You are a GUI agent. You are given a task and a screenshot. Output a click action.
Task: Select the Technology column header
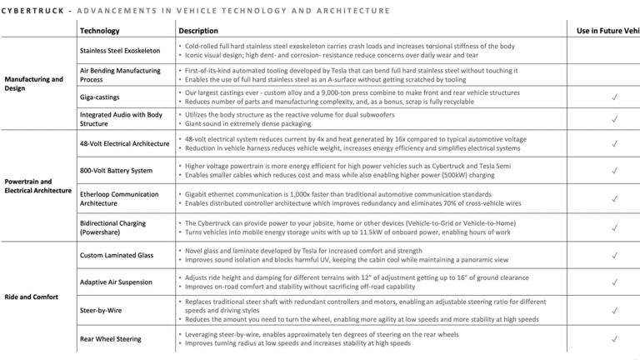click(x=99, y=31)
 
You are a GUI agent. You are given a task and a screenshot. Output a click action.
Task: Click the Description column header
click(x=197, y=31)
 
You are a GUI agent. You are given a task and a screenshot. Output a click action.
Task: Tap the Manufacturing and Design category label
click(x=33, y=84)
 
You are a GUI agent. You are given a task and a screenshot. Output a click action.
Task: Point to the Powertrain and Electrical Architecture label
click(x=37, y=186)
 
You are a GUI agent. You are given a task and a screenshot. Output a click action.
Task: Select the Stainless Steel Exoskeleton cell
click(x=120, y=50)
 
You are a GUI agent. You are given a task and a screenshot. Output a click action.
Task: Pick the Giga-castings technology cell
click(x=99, y=97)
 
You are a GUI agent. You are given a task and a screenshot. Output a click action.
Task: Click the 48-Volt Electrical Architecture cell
click(x=124, y=143)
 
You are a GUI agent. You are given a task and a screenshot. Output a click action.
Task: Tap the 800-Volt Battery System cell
click(x=116, y=171)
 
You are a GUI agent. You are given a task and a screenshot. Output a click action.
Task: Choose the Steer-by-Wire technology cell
click(x=102, y=310)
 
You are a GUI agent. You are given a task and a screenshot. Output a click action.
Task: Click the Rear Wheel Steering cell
click(x=111, y=339)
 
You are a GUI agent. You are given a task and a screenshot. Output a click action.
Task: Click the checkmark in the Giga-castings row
click(x=614, y=97)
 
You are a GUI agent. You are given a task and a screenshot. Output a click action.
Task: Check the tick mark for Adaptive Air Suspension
click(x=614, y=282)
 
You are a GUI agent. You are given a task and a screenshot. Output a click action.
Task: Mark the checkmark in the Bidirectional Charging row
click(x=614, y=227)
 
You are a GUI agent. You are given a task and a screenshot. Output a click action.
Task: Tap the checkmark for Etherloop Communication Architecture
click(x=614, y=199)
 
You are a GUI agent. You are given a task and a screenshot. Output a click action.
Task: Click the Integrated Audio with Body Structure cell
click(x=121, y=119)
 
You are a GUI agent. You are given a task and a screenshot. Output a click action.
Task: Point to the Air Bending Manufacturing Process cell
click(x=120, y=75)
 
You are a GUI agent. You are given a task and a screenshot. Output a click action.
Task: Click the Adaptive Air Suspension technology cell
click(x=117, y=282)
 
